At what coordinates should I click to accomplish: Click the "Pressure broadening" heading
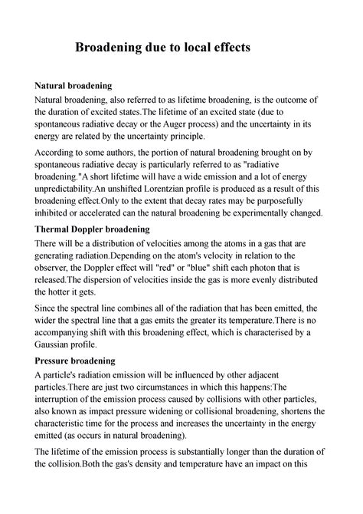point(75,360)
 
